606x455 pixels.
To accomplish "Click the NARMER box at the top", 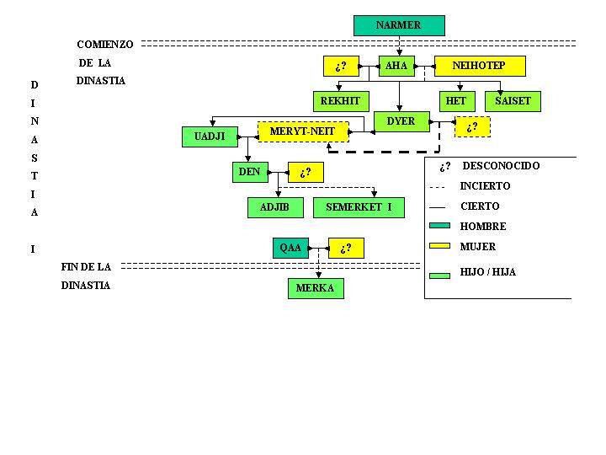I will (399, 25).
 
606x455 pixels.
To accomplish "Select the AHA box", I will (396, 66).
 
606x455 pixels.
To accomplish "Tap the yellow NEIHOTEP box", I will (480, 66).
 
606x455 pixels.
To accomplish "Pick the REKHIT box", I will (340, 101).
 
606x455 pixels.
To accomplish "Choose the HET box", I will (455, 101).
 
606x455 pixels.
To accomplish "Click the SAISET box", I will (513, 101).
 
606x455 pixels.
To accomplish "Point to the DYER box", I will (401, 121).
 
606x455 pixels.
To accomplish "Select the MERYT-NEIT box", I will (302, 131).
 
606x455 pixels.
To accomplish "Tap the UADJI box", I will (210, 136).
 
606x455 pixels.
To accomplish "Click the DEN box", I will (249, 172).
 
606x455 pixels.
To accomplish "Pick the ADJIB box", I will (275, 207).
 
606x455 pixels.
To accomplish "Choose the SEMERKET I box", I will (359, 207).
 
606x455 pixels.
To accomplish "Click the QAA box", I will (290, 248).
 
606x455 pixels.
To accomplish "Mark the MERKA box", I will (316, 288).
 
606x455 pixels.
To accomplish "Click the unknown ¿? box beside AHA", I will (341, 66).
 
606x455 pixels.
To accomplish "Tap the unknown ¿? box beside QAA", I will (346, 249).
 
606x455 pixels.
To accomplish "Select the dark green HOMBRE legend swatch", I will (440, 226).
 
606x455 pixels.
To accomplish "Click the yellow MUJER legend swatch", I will (440, 246).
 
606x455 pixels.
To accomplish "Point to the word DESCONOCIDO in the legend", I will (501, 166).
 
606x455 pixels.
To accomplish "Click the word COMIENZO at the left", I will (105, 44).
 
